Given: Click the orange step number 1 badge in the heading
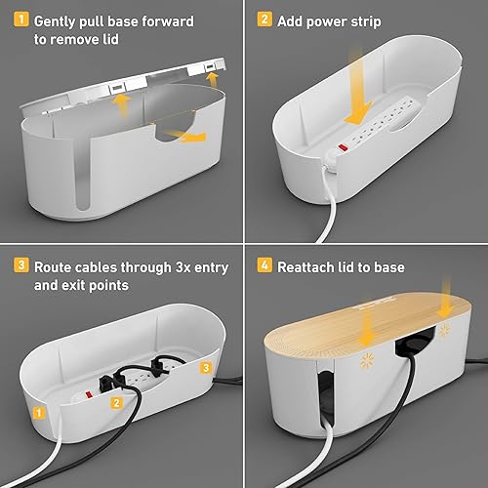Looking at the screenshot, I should tap(20, 20).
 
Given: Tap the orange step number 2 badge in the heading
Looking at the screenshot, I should tap(264, 20).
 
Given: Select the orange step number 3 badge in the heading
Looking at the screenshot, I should tap(20, 266).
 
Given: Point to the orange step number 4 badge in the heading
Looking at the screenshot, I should tap(264, 266).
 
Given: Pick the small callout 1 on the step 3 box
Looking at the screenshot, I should tap(37, 413).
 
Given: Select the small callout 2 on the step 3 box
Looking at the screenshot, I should tap(116, 402).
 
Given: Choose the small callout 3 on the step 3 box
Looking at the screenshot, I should tap(204, 368).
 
